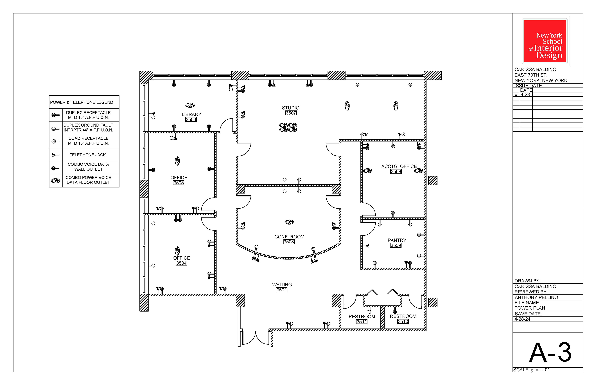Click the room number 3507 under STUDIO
click(291, 113)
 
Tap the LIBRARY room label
click(192, 114)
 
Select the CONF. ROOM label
click(289, 237)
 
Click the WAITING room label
click(282, 285)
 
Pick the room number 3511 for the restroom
click(362, 322)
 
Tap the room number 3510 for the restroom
click(403, 321)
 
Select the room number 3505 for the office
click(178, 183)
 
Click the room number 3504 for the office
click(181, 263)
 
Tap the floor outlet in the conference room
click(289, 222)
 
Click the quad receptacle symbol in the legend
click(55, 141)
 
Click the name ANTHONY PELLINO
click(536, 297)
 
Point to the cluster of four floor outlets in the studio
click(288, 127)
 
